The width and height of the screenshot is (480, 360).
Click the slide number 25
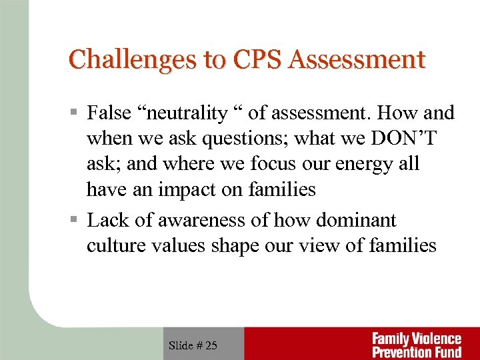[x=210, y=345]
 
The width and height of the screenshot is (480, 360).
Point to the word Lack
[x=107, y=220]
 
